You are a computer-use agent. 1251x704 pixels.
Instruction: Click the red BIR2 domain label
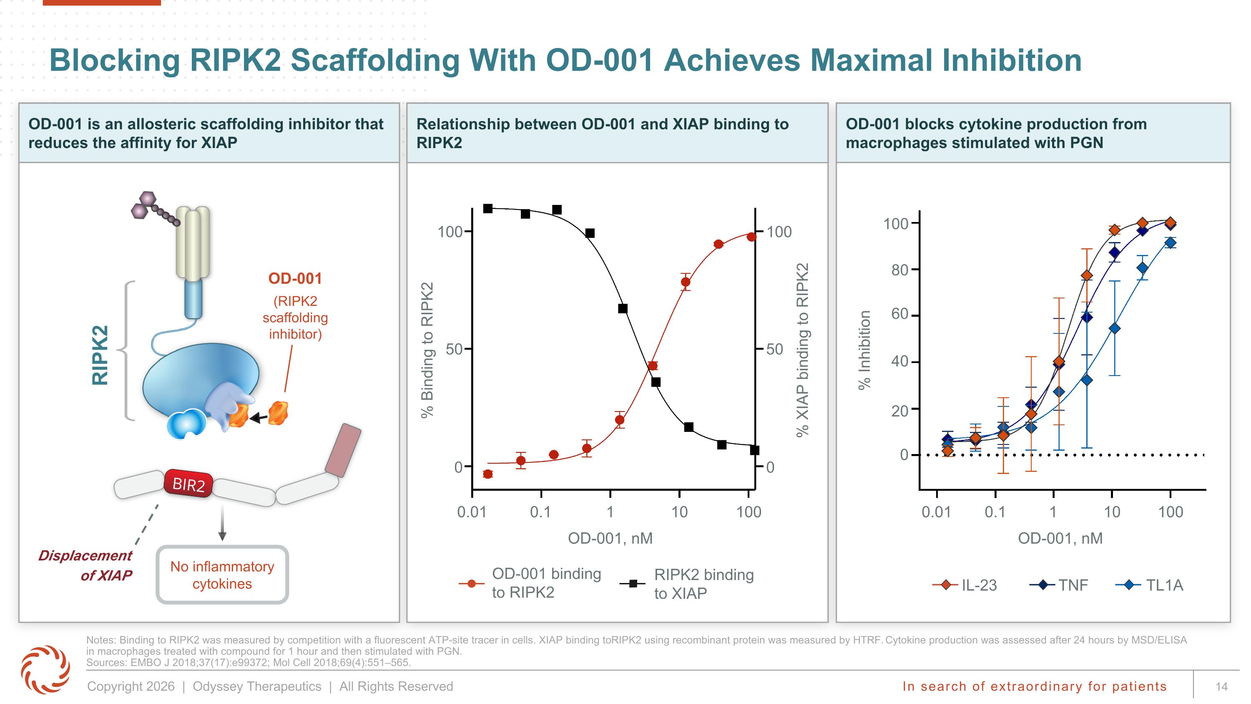pos(188,483)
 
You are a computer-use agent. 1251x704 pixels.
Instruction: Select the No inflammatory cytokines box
pos(222,575)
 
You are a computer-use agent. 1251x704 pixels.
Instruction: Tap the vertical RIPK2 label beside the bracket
pos(100,355)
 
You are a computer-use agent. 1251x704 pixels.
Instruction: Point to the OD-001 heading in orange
pos(295,278)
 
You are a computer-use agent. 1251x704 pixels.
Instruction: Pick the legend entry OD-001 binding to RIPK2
pos(530,583)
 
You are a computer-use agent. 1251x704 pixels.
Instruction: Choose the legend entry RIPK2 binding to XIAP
pos(687,583)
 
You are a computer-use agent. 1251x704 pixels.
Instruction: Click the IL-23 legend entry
pos(965,585)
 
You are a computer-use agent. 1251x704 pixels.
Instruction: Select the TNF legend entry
pos(1059,585)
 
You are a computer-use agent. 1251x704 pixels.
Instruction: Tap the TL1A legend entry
pos(1150,585)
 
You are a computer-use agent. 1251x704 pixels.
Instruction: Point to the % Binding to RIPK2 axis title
pos(427,350)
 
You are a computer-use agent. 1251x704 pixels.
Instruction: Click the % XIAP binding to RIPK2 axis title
pos(802,350)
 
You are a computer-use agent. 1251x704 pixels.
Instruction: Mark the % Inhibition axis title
pos(864,350)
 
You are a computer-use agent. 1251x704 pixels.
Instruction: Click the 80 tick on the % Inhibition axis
pos(900,270)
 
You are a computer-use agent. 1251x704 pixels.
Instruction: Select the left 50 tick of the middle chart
pos(454,349)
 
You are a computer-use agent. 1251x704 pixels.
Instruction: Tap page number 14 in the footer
pos(1221,686)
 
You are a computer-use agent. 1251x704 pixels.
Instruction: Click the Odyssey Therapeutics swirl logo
pos(45,669)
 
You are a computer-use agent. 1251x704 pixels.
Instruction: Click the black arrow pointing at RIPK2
pos(259,417)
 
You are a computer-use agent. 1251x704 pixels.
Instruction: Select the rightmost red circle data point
pos(751,237)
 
